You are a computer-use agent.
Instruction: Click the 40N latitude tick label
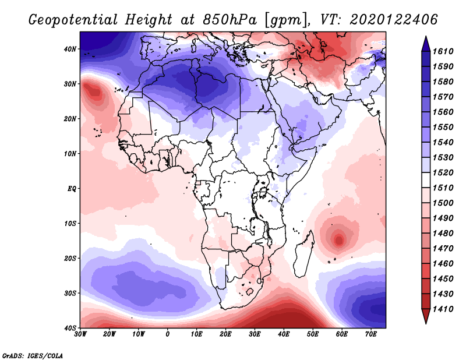click(x=69, y=49)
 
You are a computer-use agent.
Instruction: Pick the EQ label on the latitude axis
click(x=70, y=189)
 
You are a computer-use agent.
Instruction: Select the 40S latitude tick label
click(x=69, y=328)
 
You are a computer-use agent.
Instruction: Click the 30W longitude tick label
click(x=80, y=334)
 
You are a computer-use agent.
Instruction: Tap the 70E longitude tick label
click(x=370, y=334)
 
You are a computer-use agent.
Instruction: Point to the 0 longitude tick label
click(x=168, y=334)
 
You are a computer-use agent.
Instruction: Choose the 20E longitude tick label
click(x=225, y=334)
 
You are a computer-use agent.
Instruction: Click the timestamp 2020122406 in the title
click(x=394, y=20)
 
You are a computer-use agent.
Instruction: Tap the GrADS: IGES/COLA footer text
click(x=33, y=355)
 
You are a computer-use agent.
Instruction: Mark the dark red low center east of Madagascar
click(x=339, y=238)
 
